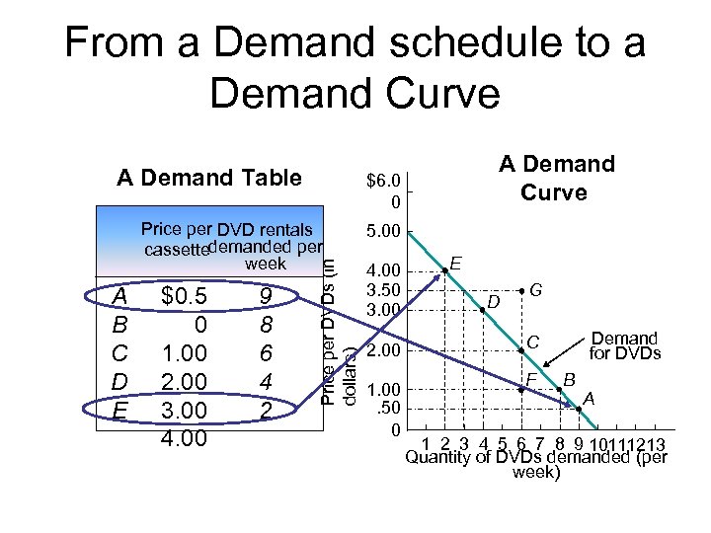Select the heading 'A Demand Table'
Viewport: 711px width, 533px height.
[x=208, y=178]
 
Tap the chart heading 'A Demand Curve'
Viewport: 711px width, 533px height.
[x=556, y=177]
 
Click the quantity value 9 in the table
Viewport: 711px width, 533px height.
[x=266, y=296]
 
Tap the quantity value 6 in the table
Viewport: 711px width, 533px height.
[x=266, y=352]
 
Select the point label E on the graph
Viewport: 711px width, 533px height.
[x=455, y=263]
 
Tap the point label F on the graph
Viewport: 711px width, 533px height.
[x=530, y=380]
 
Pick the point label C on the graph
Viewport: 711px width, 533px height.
[x=531, y=342]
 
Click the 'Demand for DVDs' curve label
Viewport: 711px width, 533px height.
[x=623, y=344]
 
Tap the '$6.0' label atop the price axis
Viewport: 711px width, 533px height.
[x=382, y=181]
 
